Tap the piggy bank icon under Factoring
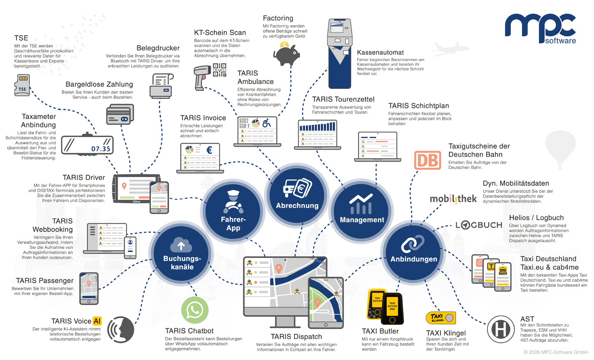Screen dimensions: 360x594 (286, 54)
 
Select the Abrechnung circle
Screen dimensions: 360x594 (297, 193)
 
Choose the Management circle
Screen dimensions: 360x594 (362, 209)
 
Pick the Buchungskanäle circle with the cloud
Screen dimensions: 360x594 (182, 253)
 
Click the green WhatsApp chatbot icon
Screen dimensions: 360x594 (195, 310)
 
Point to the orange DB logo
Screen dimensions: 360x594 (427, 160)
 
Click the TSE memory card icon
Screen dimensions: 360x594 (22, 85)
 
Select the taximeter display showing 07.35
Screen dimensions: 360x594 (87, 145)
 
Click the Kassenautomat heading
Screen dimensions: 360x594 (380, 52)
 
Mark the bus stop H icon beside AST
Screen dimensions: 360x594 (501, 329)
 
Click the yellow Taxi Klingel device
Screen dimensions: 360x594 (441, 318)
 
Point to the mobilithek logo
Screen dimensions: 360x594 (453, 199)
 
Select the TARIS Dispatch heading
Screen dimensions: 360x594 (296, 336)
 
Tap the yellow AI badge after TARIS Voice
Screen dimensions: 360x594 (97, 321)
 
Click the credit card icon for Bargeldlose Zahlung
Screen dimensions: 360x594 (120, 115)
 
